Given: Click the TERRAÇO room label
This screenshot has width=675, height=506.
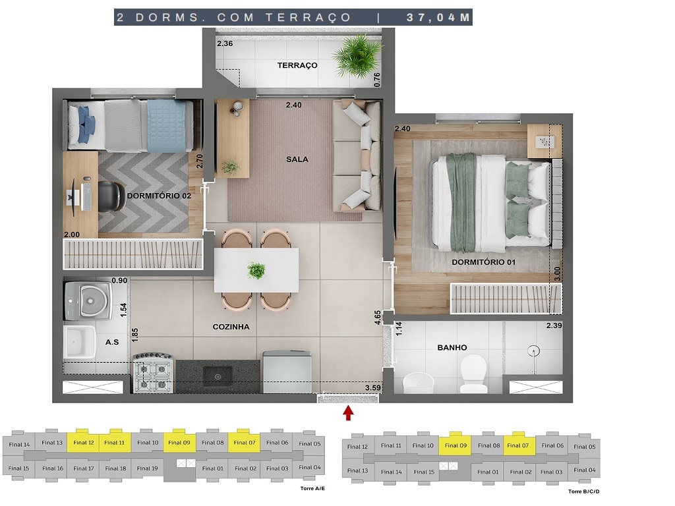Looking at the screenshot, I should (297, 65).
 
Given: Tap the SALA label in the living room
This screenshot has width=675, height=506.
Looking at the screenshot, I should (297, 159).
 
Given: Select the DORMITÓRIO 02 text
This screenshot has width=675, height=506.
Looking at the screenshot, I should (159, 196).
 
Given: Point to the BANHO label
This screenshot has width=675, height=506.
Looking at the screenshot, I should (452, 347).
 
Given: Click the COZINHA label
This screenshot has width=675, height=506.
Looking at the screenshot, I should (231, 327).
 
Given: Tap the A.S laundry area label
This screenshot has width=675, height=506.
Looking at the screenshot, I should (112, 342).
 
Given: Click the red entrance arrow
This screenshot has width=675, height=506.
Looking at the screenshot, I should (348, 413).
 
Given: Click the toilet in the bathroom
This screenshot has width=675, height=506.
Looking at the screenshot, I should (473, 374).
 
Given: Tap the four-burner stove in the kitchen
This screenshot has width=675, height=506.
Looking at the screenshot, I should (153, 376).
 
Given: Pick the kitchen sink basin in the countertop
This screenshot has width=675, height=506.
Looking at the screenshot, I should (217, 376).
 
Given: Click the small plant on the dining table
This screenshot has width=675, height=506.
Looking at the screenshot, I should (256, 270).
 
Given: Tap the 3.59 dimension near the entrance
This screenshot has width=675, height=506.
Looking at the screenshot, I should (374, 388).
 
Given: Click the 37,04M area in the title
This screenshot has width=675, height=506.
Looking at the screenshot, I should (438, 18).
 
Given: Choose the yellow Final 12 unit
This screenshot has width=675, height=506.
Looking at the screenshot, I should (84, 443).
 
